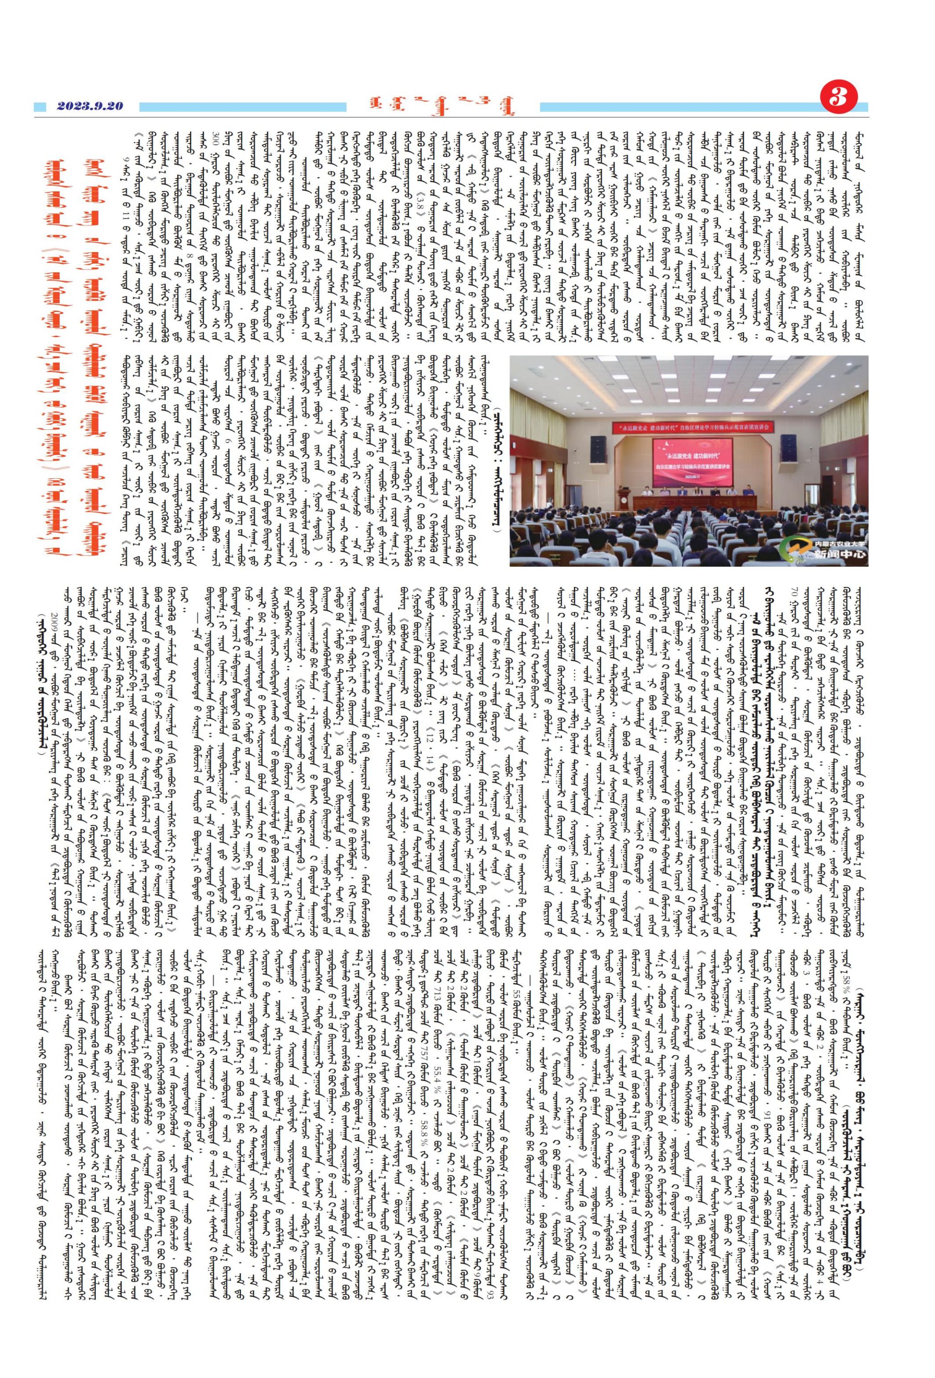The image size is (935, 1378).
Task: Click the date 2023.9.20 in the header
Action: tap(89, 106)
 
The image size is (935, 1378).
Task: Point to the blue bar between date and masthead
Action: tap(243, 107)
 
